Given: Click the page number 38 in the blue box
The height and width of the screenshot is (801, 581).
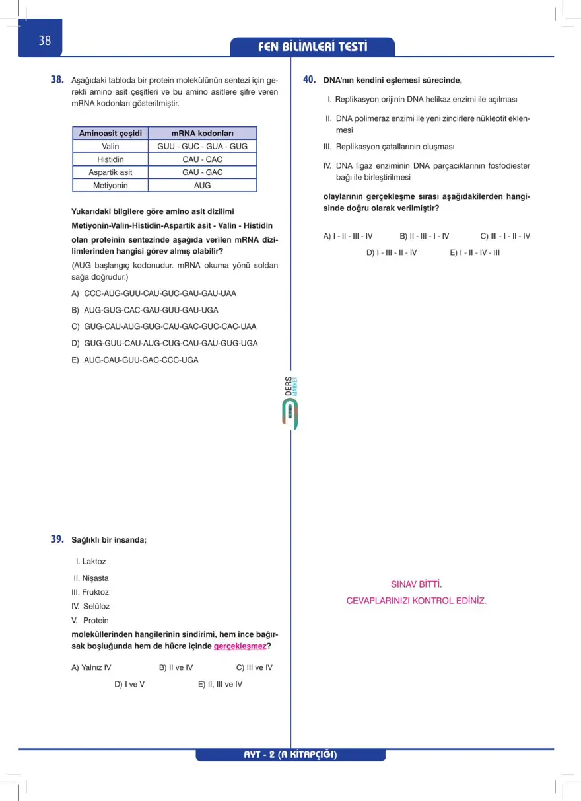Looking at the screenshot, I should [x=44, y=41].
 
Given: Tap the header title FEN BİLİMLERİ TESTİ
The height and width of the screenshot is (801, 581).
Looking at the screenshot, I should [x=313, y=47].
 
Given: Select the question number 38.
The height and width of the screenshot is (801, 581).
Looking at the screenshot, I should [x=57, y=79].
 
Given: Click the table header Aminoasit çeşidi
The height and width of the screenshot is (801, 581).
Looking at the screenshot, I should [x=110, y=133].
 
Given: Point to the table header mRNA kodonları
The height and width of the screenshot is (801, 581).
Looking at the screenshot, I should [x=202, y=133].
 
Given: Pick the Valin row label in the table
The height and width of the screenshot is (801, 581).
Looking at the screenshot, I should [x=110, y=146].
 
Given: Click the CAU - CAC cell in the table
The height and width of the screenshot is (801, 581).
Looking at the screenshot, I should [x=202, y=159].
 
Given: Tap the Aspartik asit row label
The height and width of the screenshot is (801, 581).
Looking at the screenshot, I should [x=110, y=172].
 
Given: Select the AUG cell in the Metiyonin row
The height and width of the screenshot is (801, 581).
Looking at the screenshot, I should [x=202, y=186].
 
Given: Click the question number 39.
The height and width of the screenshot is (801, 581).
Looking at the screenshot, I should [x=57, y=539].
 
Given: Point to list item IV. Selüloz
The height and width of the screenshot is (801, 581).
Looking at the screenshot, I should [x=90, y=606].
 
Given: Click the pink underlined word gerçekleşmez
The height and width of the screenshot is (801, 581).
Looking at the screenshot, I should [x=240, y=646].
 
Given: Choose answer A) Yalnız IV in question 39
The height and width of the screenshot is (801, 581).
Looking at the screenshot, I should [x=91, y=667].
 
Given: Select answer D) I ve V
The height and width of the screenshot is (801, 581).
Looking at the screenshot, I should [x=129, y=684].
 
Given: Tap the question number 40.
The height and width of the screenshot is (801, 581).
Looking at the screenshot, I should [x=309, y=79].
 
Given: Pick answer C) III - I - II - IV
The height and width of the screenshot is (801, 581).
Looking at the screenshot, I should [x=505, y=236].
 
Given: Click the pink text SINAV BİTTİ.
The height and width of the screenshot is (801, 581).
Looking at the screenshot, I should [x=416, y=584].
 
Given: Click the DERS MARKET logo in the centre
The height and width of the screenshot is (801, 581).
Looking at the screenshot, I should [x=290, y=403].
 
